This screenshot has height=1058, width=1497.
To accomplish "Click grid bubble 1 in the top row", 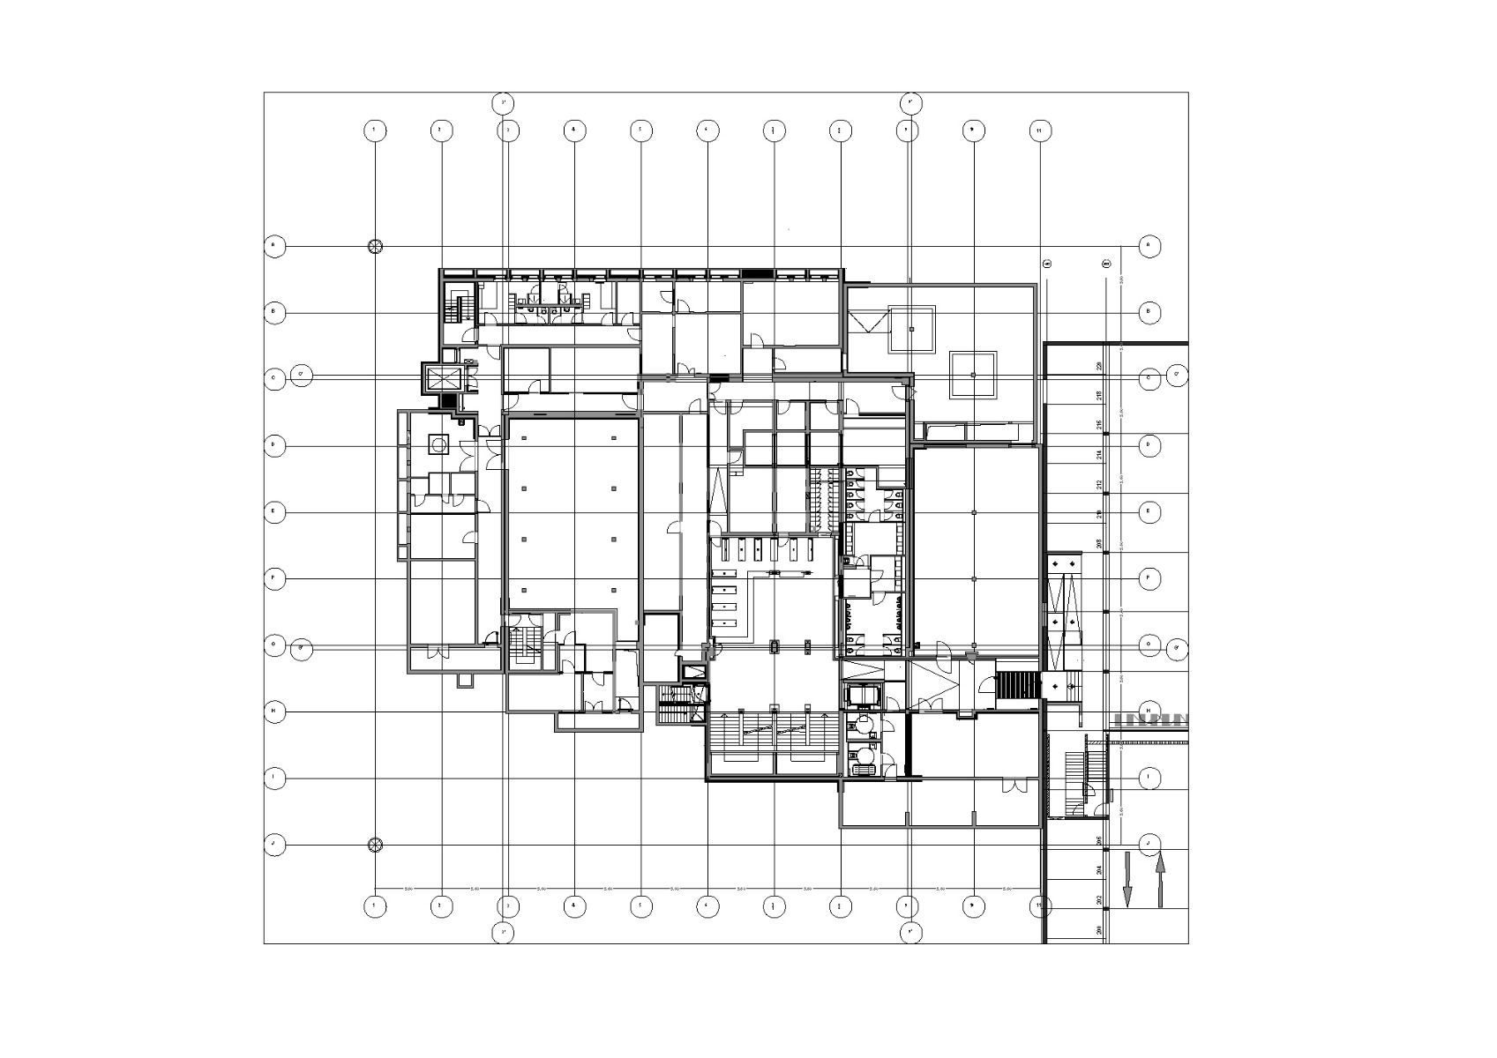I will click(375, 130).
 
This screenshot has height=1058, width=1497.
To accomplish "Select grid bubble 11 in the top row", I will click(1040, 130).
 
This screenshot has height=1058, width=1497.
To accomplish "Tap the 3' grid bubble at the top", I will click(503, 103).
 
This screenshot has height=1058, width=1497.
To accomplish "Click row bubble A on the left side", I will click(274, 246).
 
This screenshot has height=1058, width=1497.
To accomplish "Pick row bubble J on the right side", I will click(1149, 844).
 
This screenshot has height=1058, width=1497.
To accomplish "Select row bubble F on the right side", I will click(1149, 578).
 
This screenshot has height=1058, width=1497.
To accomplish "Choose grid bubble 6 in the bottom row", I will click(707, 905).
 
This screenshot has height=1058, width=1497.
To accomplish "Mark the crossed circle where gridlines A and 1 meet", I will click(375, 246).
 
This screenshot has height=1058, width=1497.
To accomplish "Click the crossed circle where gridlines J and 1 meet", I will click(375, 845).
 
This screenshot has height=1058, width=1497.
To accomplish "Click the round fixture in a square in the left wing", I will click(438, 445).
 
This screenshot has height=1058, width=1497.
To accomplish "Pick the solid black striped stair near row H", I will click(1018, 685).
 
